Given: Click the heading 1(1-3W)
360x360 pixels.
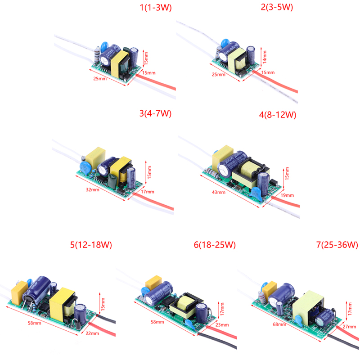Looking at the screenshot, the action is [x=156, y=8].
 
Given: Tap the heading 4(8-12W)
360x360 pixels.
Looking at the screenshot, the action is [x=277, y=115].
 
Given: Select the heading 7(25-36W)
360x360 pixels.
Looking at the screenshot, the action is [x=337, y=244].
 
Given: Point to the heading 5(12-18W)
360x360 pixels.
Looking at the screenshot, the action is [x=91, y=245].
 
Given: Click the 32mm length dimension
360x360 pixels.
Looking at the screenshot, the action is [x=92, y=189].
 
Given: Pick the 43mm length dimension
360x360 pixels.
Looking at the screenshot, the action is [x=218, y=192].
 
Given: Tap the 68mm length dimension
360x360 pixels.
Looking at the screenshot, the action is [x=279, y=324].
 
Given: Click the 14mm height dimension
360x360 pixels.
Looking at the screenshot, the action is [x=265, y=57].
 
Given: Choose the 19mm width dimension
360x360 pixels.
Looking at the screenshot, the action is [x=287, y=195].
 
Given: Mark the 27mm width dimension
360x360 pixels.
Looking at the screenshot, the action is [x=349, y=326].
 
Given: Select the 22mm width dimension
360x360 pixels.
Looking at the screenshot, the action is [x=92, y=333].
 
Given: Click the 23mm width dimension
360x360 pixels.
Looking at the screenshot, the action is [x=222, y=324].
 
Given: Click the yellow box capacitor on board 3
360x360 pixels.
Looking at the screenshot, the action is [x=95, y=157].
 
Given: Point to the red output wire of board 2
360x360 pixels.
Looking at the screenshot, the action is [x=275, y=81].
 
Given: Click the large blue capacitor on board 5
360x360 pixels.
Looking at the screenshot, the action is [x=37, y=290].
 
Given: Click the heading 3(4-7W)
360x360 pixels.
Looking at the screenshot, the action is [x=155, y=113].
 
